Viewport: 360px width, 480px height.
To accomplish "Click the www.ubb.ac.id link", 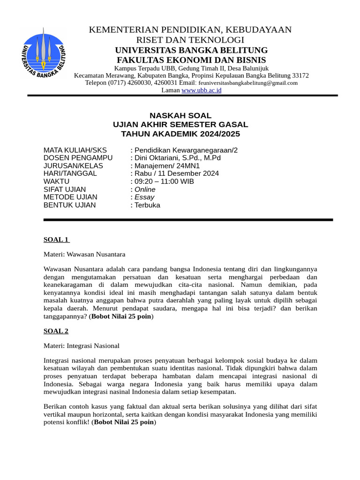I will [201, 90].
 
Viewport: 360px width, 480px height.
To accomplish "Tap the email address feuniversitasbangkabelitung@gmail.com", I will [248, 83].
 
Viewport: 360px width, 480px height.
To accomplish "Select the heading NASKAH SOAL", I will [180, 115].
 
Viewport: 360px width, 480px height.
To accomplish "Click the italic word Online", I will [145, 189].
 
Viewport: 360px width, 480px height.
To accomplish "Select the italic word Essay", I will [144, 197].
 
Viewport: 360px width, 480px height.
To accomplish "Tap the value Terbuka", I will [147, 205].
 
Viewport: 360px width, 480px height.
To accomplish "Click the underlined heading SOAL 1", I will [56, 240].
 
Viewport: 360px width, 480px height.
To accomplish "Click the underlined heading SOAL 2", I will [56, 331].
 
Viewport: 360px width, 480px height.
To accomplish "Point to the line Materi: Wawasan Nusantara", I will [84, 255].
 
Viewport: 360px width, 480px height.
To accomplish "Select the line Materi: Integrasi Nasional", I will [82, 346].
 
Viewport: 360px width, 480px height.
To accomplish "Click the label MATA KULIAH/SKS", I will [75, 150].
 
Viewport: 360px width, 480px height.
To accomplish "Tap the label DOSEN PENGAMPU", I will [75, 157].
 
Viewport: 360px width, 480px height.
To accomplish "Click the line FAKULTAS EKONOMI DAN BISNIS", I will [191, 60].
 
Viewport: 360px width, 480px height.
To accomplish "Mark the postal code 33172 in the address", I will [300, 75].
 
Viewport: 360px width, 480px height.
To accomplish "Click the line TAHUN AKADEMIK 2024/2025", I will [180, 134].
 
